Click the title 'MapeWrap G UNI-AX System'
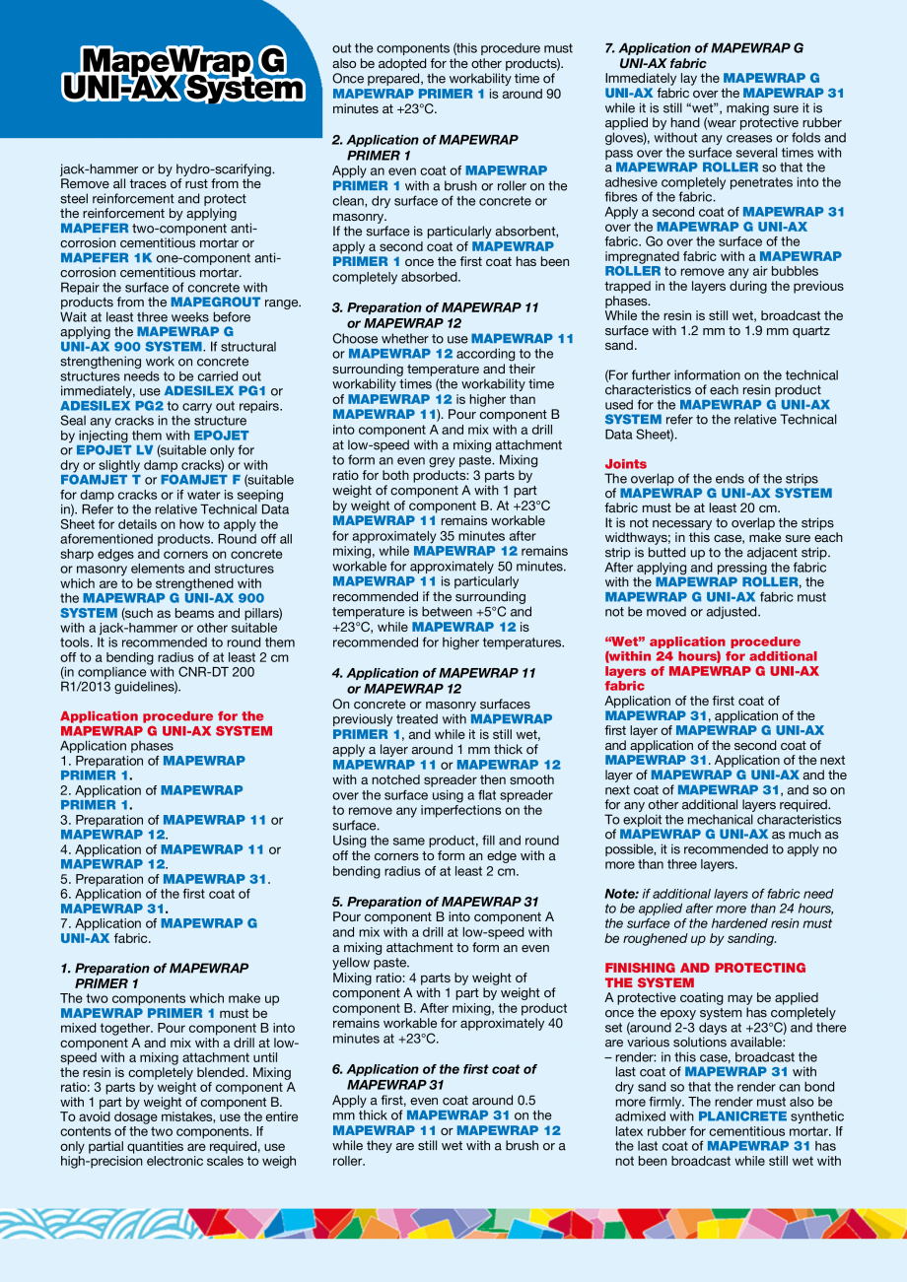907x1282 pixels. [182, 76]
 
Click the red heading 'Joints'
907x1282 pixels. [625, 463]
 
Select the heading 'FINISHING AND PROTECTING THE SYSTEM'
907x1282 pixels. [704, 976]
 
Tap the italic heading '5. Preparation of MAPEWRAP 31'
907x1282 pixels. [436, 902]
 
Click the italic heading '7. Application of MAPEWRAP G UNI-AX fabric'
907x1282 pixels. [703, 54]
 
